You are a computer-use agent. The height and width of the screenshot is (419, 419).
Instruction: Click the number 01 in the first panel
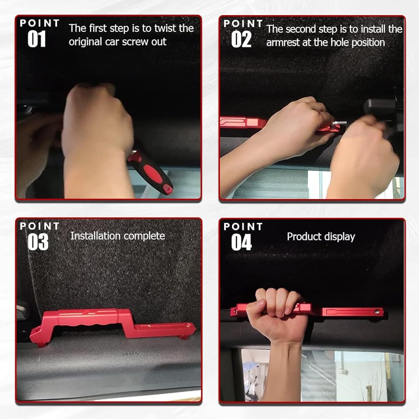point(36,39)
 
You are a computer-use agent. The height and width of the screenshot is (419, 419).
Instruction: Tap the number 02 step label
point(241,39)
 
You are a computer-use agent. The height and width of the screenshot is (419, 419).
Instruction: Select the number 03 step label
point(38,242)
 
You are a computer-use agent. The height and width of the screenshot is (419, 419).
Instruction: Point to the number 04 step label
point(241,242)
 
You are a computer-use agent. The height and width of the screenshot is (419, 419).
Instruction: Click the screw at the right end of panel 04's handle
point(377,312)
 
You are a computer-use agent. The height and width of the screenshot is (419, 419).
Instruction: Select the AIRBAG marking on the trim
point(130,354)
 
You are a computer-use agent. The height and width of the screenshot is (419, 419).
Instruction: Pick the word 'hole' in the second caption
point(340,42)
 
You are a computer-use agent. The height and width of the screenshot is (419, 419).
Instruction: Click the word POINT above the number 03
point(39,226)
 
